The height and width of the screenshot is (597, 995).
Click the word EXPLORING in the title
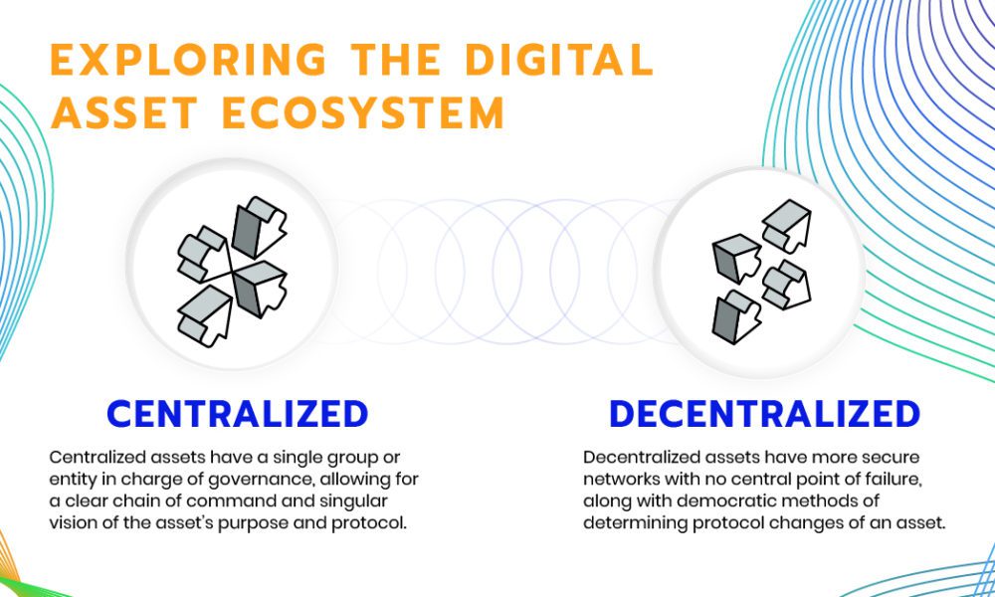188,60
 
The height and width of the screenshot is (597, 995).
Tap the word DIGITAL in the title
558,60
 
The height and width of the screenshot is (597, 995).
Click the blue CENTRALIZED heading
238,414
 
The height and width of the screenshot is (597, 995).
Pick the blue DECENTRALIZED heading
764,414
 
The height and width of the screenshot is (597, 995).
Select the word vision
69,524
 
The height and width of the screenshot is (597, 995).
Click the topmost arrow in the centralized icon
260,227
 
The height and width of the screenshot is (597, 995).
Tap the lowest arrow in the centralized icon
204,315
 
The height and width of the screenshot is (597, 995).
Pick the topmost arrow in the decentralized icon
786,225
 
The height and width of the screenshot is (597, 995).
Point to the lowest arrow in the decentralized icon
736,317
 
